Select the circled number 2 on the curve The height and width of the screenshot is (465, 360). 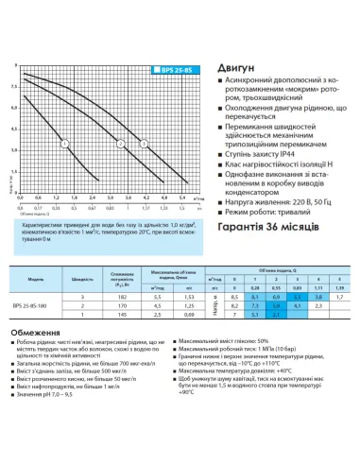pyautogui.click(x=120, y=144)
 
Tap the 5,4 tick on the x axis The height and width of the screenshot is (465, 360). pyautogui.click(x=182, y=198)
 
